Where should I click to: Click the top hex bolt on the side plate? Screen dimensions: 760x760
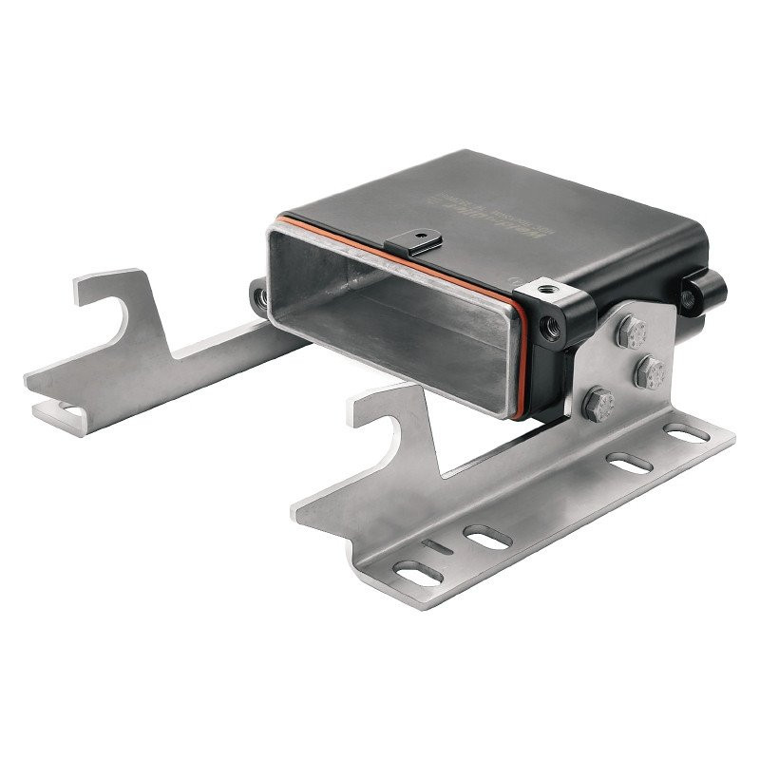point(632,332)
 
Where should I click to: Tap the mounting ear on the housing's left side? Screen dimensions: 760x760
point(258,296)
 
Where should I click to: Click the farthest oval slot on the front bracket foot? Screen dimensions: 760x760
point(686,434)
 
